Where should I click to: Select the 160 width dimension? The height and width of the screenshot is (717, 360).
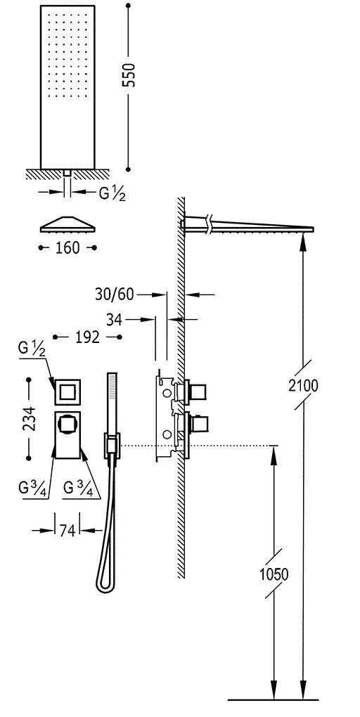click(67, 248)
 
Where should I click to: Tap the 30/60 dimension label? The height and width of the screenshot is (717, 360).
click(115, 295)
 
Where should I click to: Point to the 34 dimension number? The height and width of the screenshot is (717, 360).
click(114, 320)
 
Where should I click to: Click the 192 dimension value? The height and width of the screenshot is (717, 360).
click(87, 337)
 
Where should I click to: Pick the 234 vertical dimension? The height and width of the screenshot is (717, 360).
click(28, 418)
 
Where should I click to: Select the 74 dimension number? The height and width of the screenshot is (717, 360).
click(67, 530)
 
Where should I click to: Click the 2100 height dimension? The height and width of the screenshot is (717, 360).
click(303, 386)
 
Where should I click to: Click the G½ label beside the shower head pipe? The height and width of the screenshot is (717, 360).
click(112, 193)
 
